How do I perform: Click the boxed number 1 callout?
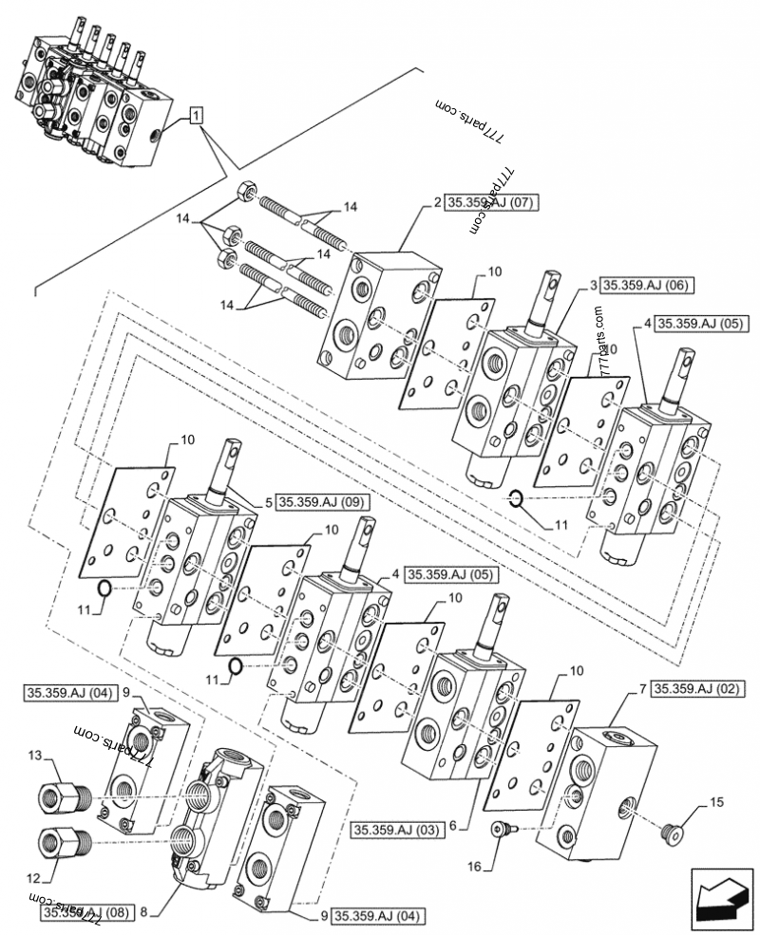pos(195,116)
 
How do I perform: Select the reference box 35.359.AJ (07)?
pos(490,202)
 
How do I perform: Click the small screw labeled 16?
pos(503,831)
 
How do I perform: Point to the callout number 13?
pos(35,755)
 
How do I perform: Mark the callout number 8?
pos(142,912)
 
